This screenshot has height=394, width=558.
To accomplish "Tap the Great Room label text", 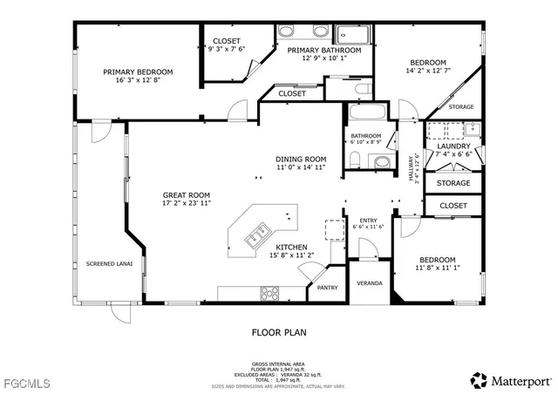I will pos(187,195).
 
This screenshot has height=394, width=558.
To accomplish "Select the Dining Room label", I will pos(301,159).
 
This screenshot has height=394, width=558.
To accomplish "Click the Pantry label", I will pos(328,288).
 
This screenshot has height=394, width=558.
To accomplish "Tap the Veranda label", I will pos(371,284).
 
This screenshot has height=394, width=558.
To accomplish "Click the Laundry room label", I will pos(453,146).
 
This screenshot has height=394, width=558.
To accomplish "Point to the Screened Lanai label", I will pos(103,263).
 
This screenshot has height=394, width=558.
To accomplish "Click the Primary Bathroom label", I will pos(324,51).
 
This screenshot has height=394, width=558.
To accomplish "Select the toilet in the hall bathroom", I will pos(356,159).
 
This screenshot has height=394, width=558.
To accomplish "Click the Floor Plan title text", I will pos(279,332).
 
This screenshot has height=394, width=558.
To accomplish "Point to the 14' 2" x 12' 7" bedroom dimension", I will pos(428,71).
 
